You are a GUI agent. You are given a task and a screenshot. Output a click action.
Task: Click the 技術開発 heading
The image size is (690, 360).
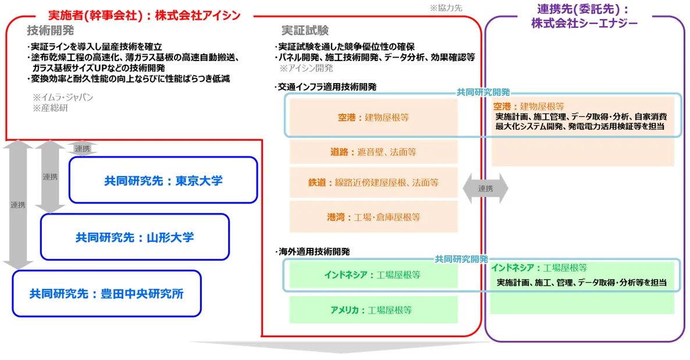pyautogui.click(x=50, y=30)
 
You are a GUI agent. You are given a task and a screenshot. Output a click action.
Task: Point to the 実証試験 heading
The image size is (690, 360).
pyautogui.click(x=305, y=30)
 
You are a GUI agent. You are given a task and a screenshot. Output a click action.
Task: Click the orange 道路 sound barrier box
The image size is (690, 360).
pyautogui.click(x=373, y=152)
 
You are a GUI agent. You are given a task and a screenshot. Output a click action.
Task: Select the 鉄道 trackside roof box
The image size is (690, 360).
pyautogui.click(x=373, y=182)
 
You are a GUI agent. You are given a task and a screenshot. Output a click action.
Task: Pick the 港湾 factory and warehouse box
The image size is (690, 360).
pyautogui.click(x=373, y=217)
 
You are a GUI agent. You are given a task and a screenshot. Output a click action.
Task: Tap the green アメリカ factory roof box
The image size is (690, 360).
pyautogui.click(x=373, y=310)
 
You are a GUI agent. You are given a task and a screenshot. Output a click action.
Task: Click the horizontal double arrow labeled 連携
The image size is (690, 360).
pyautogui.click(x=485, y=188)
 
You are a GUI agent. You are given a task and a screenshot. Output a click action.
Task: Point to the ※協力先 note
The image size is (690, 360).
pyautogui.click(x=446, y=8)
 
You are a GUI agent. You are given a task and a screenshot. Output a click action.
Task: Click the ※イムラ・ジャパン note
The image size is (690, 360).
pyautogui.click(x=62, y=97)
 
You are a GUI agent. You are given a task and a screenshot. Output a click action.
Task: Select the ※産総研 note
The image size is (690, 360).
pyautogui.click(x=50, y=108)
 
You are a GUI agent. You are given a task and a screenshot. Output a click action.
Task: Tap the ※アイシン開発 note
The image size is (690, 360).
pyautogui.click(x=306, y=68)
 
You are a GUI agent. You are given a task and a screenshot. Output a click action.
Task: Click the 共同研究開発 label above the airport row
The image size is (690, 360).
pyautogui.click(x=483, y=92)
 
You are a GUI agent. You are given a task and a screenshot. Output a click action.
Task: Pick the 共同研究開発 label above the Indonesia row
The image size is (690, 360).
pyautogui.click(x=461, y=259)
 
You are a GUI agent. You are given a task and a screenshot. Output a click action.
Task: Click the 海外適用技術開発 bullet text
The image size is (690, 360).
pyautogui.click(x=312, y=252)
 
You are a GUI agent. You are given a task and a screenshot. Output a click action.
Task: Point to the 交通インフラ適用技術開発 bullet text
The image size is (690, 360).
pyautogui.click(x=326, y=87)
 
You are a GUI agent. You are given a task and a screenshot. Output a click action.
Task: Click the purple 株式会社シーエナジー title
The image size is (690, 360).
pyautogui.click(x=584, y=23)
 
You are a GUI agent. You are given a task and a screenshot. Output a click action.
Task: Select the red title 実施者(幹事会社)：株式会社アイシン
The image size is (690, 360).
pyautogui.click(x=144, y=15)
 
